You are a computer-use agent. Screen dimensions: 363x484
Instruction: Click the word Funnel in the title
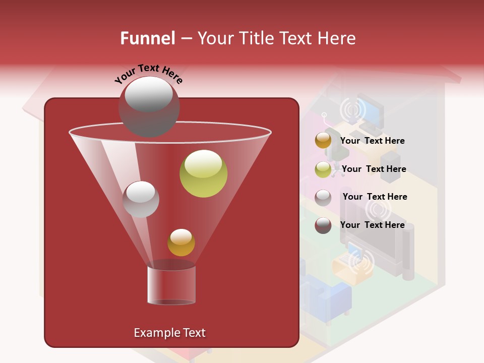coord(148,38)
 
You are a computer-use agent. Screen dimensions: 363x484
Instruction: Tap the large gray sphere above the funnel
coord(149,106)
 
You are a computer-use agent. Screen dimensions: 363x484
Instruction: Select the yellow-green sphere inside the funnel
coord(203,173)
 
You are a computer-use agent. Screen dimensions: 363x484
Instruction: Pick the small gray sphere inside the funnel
coord(141,199)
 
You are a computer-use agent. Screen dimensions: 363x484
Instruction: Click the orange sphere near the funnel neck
coord(181,243)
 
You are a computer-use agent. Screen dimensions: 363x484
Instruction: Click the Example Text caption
coord(169,333)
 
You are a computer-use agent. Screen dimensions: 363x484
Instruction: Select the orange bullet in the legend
coord(323,140)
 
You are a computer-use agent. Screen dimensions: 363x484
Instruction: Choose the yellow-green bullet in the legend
coord(323,169)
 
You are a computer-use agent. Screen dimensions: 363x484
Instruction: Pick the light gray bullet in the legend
coord(323,197)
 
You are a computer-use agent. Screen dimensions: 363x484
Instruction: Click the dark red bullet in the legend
coord(323,225)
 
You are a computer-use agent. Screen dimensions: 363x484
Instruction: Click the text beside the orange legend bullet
coord(373,141)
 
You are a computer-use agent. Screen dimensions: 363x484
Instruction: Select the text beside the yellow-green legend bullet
coord(374,169)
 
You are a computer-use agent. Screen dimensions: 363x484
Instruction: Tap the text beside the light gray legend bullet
coord(375,197)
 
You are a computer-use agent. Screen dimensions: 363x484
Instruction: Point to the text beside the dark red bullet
coord(373,225)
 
